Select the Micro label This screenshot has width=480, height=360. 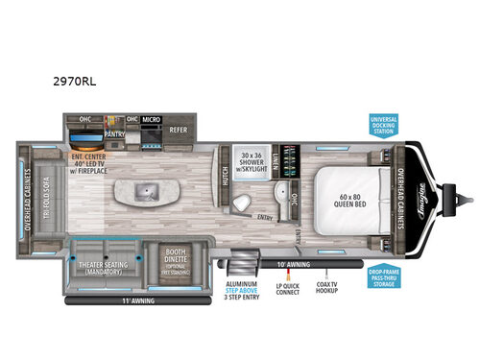pyautogui.click(x=150, y=120)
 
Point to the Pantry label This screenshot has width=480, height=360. pyautogui.click(x=115, y=134)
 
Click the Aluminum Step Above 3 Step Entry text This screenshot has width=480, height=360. pyautogui.click(x=241, y=291)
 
